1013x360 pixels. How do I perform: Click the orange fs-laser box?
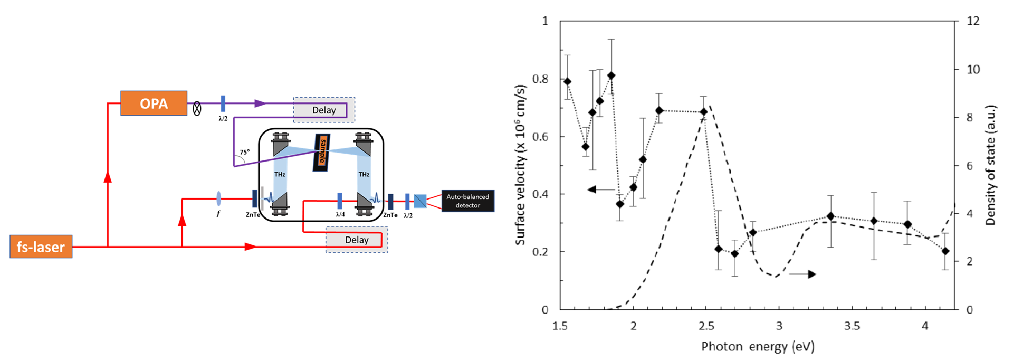pyautogui.click(x=41, y=247)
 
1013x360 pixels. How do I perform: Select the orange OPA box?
pyautogui.click(x=154, y=103)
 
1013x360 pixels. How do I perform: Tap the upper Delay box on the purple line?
pyautogui.click(x=324, y=110)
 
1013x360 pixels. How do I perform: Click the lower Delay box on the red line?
pyautogui.click(x=357, y=240)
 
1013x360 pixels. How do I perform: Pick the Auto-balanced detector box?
pyautogui.click(x=467, y=201)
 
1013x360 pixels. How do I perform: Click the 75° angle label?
pyautogui.click(x=245, y=153)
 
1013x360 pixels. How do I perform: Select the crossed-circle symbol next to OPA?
pyautogui.click(x=197, y=109)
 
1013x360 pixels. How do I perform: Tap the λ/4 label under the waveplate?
pyautogui.click(x=340, y=214)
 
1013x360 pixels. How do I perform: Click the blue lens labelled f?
pyautogui.click(x=218, y=199)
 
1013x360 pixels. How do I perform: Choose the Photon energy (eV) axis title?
pyautogui.click(x=758, y=347)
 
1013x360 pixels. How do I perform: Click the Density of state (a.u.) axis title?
pyautogui.click(x=990, y=165)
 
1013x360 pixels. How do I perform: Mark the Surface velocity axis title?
pyautogui.click(x=520, y=165)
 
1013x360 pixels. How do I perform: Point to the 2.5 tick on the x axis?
pyautogui.click(x=706, y=326)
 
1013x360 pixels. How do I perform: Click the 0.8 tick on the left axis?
pyautogui.click(x=540, y=79)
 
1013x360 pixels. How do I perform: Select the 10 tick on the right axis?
pyautogui.click(x=973, y=70)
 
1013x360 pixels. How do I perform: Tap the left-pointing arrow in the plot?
pyautogui.click(x=601, y=189)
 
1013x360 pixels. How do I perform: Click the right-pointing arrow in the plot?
pyautogui.click(x=803, y=274)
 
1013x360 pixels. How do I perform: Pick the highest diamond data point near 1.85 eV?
pyautogui.click(x=611, y=75)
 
